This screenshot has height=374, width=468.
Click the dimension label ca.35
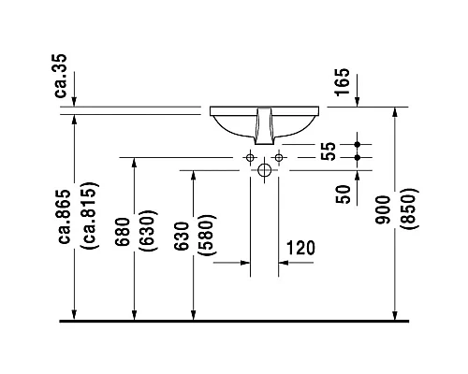[x=60, y=76]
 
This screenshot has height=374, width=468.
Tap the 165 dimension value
[x=342, y=81]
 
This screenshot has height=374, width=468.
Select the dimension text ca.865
[x=66, y=216]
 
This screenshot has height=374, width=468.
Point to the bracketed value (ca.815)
[x=90, y=216]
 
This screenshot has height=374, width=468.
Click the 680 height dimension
[x=122, y=232]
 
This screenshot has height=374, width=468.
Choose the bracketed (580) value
[x=206, y=236]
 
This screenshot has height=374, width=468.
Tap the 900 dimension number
[x=383, y=209]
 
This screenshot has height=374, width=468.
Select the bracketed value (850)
[x=408, y=209]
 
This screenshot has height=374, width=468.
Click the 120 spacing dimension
[x=300, y=248]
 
